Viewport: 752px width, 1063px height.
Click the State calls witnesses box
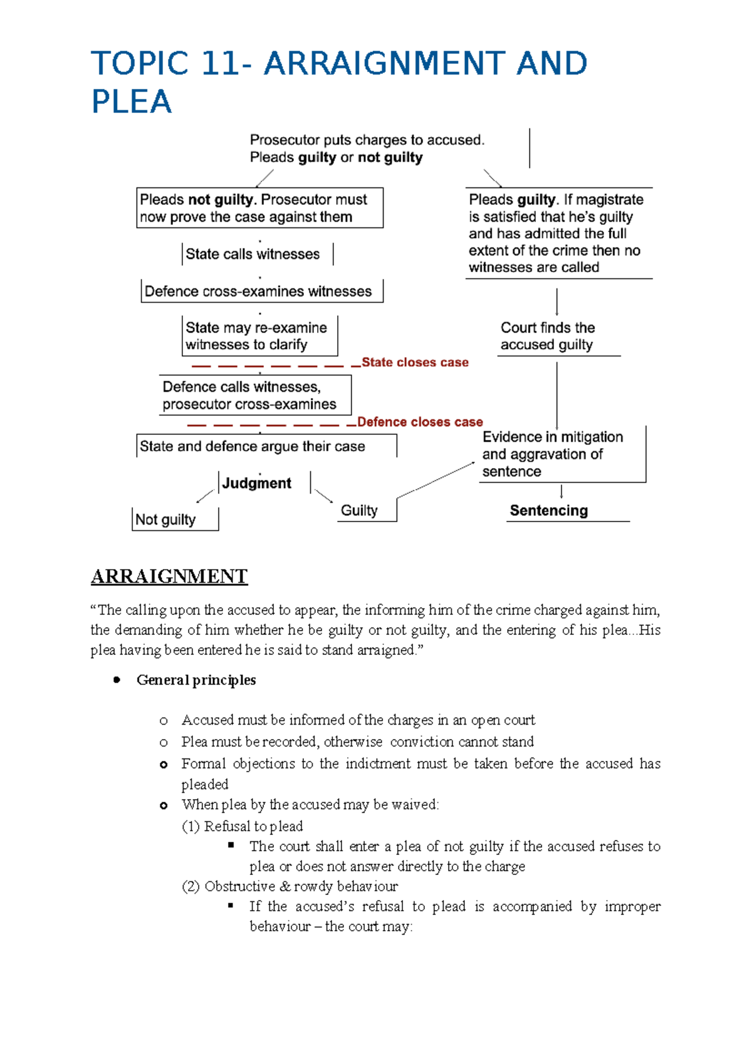253,254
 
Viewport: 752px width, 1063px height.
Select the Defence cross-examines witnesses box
258,291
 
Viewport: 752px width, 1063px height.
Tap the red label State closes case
415,362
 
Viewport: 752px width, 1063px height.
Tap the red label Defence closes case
420,422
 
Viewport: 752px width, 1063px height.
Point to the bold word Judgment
257,483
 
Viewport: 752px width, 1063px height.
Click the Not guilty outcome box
166,520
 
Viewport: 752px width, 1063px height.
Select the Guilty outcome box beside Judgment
360,510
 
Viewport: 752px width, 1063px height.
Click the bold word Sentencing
549,511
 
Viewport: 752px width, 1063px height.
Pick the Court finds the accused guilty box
548,337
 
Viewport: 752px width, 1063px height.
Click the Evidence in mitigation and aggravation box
553,454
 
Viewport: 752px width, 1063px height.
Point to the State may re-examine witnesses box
257,337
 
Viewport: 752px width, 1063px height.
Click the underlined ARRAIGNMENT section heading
169,577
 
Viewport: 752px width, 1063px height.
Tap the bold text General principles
196,680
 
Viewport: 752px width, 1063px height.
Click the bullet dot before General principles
117,680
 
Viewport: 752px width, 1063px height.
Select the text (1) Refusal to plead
243,826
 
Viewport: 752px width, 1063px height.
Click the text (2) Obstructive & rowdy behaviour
290,886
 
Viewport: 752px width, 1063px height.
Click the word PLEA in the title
132,102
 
